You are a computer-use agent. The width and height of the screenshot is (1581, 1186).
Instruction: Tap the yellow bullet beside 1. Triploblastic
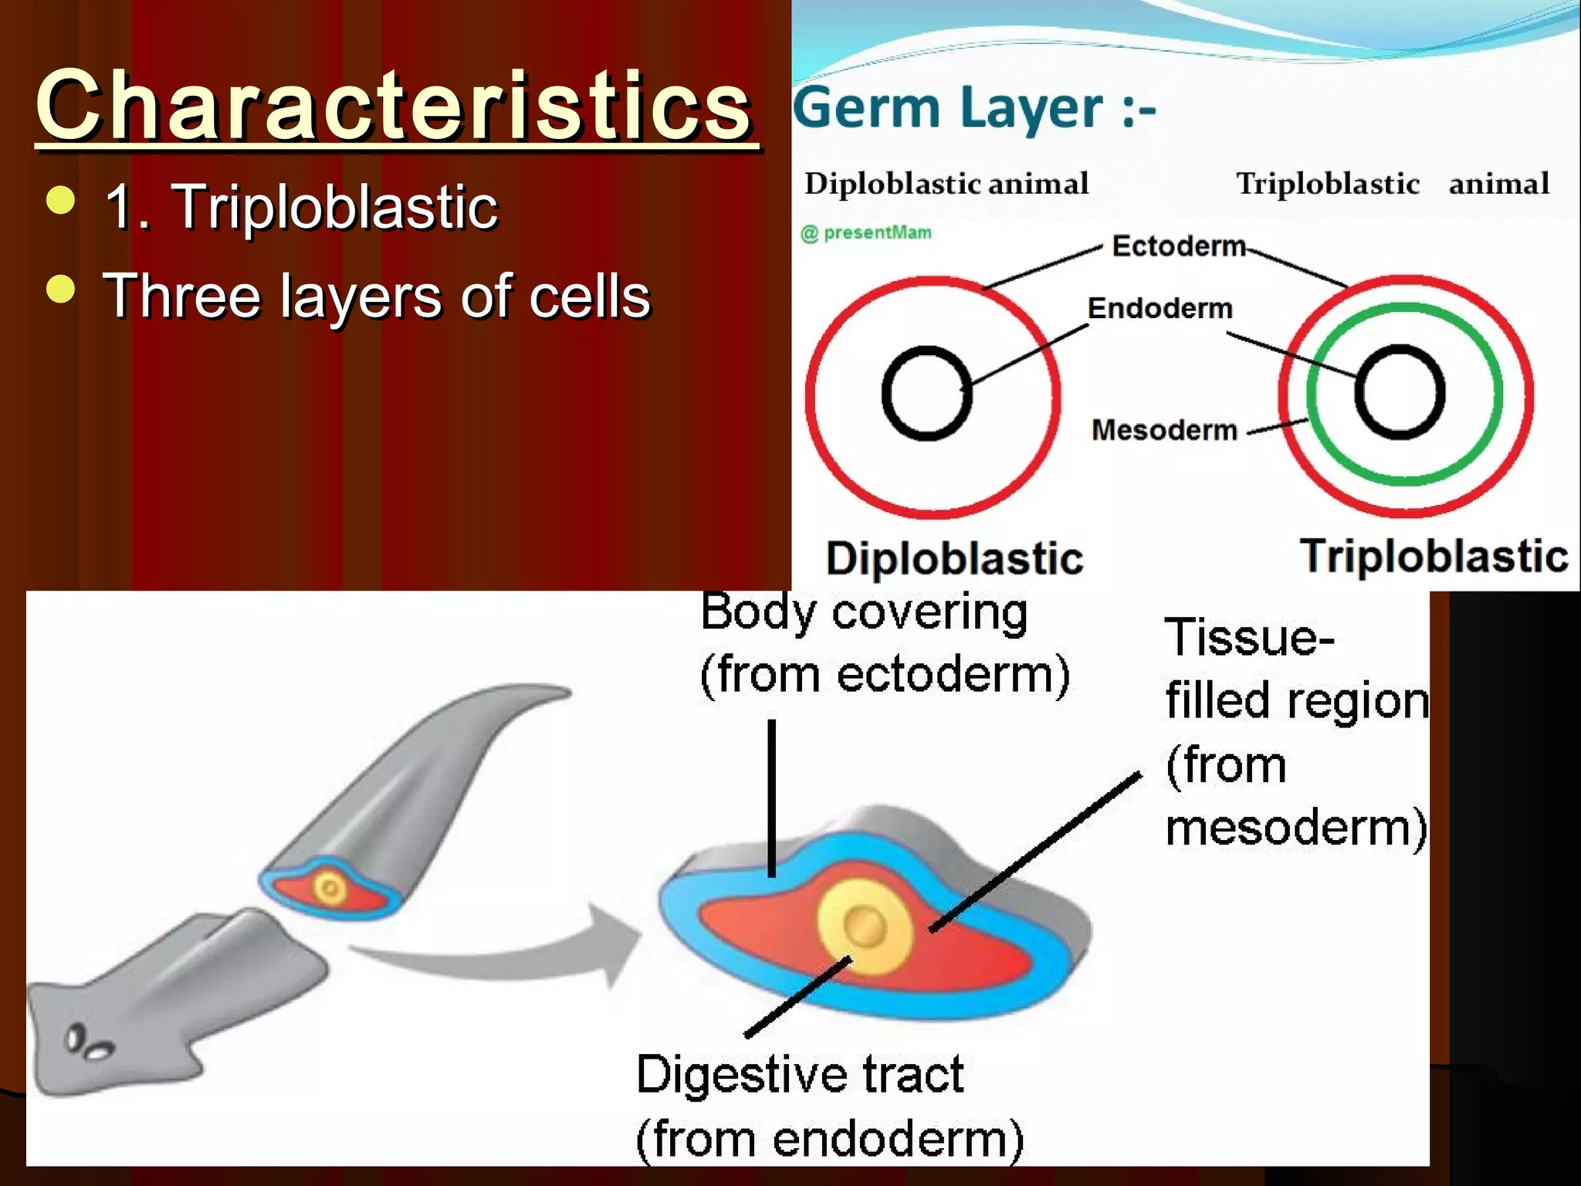pos(61,200)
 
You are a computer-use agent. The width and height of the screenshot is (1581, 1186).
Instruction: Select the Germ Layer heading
pos(974,108)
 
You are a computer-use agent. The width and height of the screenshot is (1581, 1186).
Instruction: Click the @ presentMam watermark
pos(866,232)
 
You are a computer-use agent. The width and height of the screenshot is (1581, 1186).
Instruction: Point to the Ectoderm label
pos(1178,246)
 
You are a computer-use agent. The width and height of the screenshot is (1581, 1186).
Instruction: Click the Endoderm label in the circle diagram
pos(1160,308)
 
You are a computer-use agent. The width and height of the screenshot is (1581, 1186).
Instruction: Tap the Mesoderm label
pos(1164,429)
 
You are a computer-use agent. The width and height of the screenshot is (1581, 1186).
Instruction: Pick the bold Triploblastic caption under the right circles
pos(1434,556)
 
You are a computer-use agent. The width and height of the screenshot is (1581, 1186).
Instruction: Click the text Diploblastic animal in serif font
pos(946,184)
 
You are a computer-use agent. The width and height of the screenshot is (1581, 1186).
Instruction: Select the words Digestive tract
pos(800,1075)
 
